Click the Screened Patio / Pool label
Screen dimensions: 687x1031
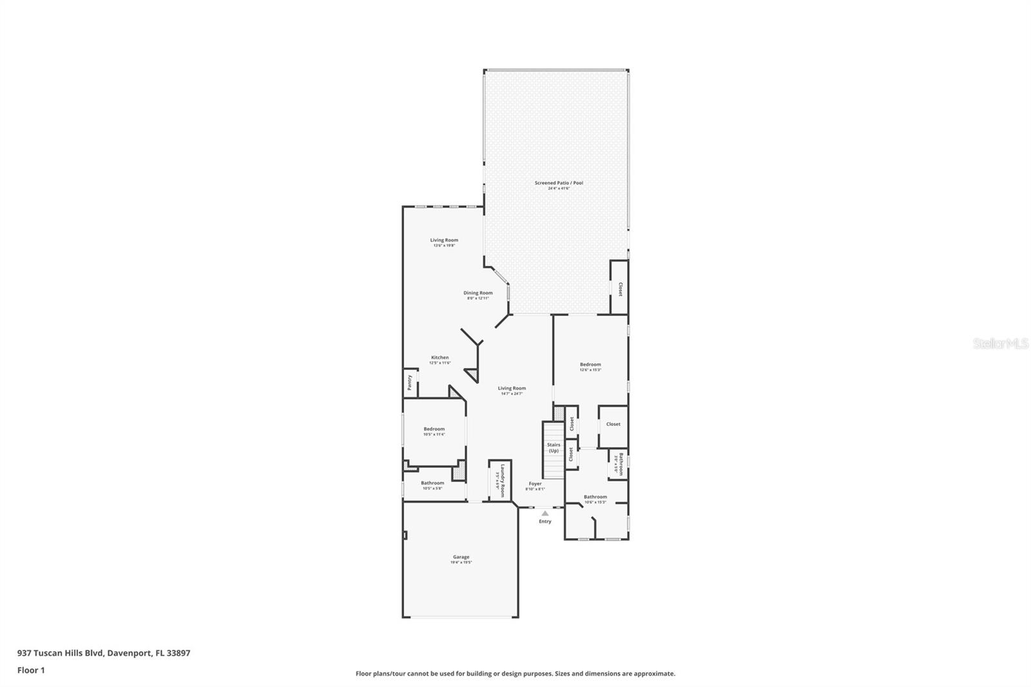[559, 183]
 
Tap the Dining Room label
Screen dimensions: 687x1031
[477, 293]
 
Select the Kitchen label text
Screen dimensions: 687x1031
[440, 358]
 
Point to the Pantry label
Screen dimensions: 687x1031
[409, 383]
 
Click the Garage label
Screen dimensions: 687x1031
[461, 557]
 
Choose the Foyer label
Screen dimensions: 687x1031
[535, 483]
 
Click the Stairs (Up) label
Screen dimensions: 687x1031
[554, 447]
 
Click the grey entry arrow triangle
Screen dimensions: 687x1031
[545, 514]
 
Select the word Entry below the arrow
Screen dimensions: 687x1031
[545, 521]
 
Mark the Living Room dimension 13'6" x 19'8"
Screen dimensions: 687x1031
[445, 246]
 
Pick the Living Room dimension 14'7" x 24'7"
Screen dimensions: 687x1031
[512, 394]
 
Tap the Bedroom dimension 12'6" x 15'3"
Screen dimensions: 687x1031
[590, 370]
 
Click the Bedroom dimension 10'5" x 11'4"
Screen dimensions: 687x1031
[434, 434]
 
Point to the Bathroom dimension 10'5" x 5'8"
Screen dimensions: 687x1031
[432, 489]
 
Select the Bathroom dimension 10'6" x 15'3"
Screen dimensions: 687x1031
[595, 502]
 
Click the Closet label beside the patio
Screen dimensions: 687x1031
[620, 289]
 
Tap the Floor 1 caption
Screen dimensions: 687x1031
[31, 670]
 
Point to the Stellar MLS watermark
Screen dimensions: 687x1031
[1001, 344]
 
